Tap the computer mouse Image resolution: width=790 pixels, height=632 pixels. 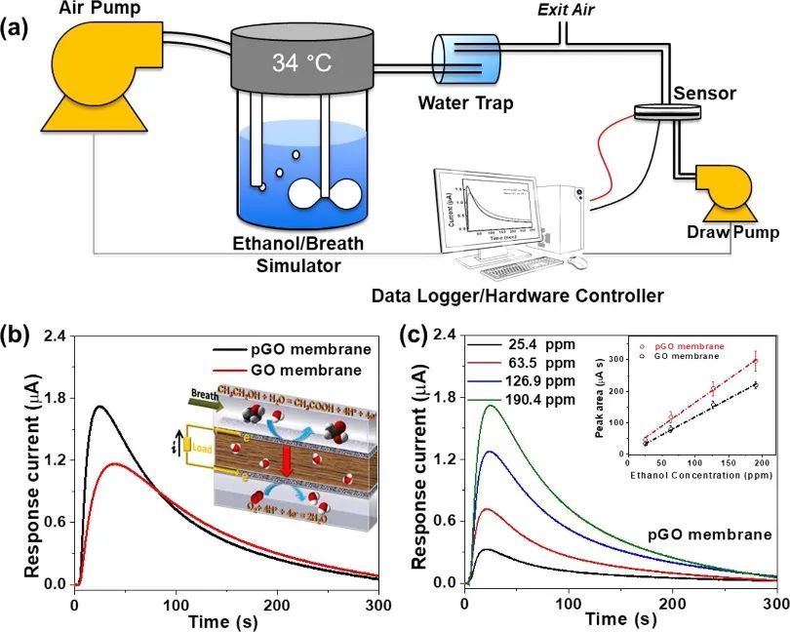(x=577, y=261)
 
